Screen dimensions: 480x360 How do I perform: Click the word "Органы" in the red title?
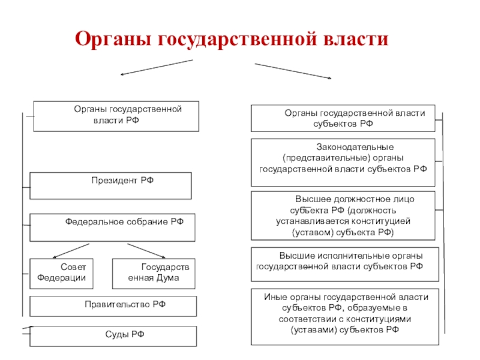tap(113, 40)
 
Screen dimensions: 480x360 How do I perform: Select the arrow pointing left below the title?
tap(157, 67)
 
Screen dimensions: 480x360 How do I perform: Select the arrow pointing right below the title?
tap(293, 71)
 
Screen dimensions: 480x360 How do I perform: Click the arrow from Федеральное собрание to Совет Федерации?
tap(71, 251)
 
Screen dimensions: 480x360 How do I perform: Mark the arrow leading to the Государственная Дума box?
tap(146, 251)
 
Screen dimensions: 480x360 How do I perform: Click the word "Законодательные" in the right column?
tap(355, 147)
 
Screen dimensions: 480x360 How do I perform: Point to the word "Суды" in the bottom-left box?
tap(114, 334)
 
